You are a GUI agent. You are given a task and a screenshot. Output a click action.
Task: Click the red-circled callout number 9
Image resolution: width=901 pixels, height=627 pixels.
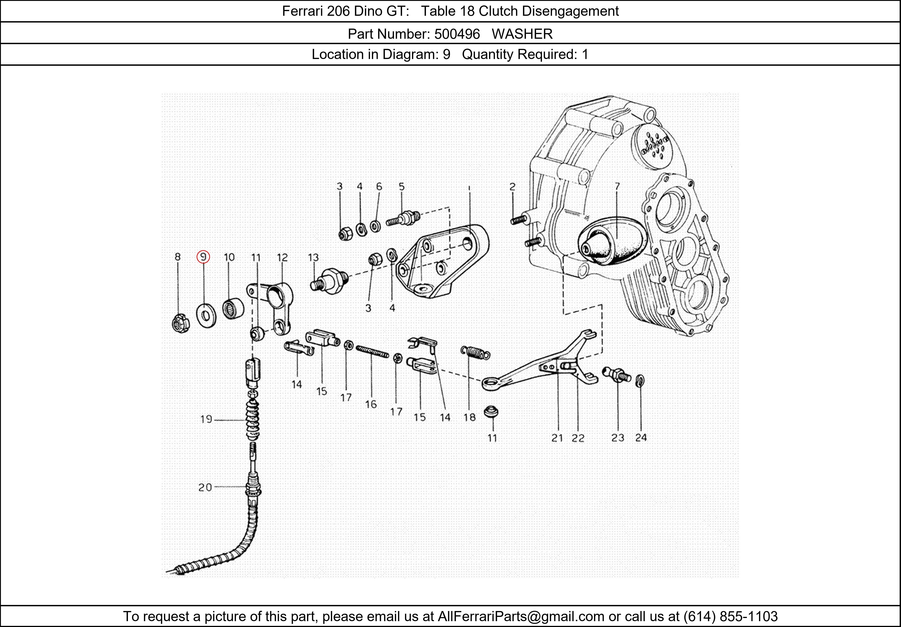tap(203, 257)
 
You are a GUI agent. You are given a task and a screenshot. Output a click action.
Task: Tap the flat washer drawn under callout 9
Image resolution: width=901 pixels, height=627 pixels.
tap(206, 315)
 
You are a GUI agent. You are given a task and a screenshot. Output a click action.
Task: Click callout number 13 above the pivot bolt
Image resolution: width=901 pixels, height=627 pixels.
tap(313, 257)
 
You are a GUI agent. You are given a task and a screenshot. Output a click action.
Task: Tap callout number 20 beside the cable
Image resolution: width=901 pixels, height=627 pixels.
tap(205, 487)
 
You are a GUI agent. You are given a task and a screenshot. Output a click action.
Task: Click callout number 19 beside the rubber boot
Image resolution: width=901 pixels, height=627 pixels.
tap(206, 419)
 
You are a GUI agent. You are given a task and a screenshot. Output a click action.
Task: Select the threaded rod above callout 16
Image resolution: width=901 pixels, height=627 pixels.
tap(372, 351)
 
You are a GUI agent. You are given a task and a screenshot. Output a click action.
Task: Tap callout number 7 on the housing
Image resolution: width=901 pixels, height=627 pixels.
tap(617, 186)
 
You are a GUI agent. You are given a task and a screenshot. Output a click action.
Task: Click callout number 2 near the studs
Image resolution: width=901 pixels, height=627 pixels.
tap(512, 187)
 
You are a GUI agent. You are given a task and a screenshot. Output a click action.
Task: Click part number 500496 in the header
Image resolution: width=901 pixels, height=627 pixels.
tap(457, 34)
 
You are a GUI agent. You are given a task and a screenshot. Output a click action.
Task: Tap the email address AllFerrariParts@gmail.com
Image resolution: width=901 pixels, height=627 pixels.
tap(521, 616)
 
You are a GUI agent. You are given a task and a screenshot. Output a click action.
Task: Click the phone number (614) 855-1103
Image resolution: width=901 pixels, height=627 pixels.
tap(730, 616)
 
